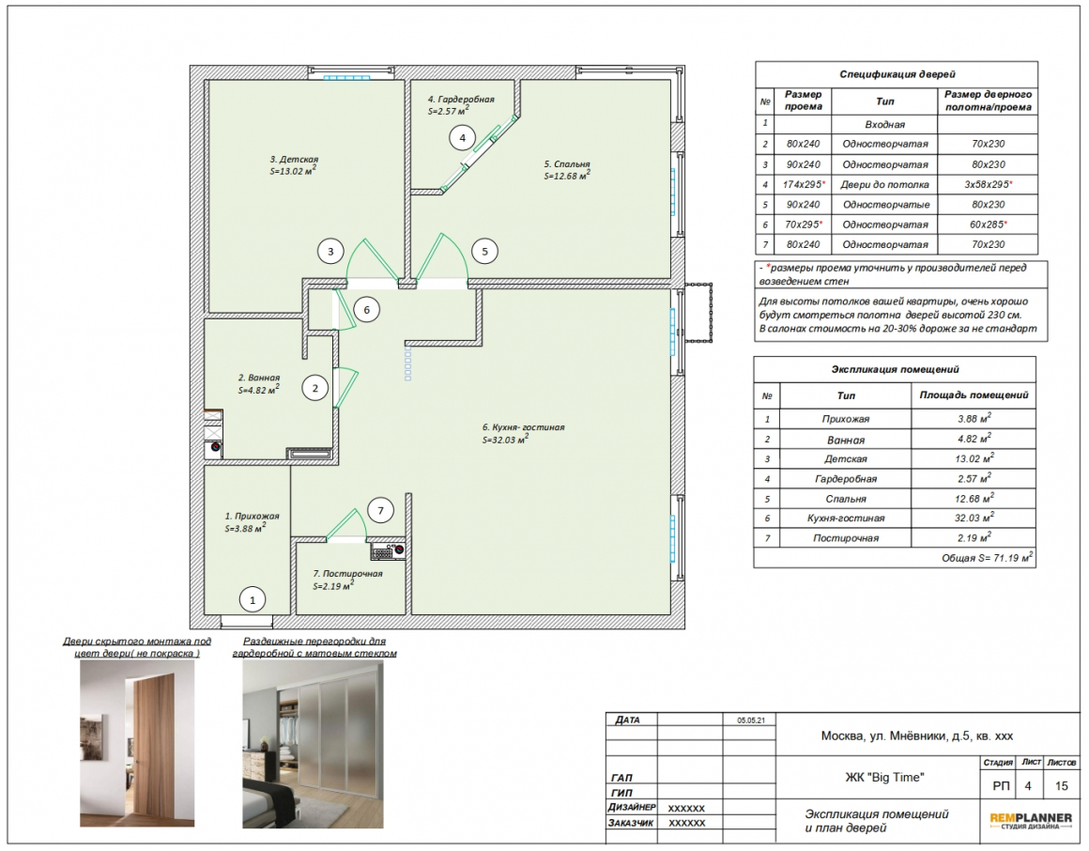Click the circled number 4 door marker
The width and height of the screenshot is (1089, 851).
click(463, 137)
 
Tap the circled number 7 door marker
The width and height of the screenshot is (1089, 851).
click(380, 511)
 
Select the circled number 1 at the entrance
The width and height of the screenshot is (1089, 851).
click(253, 600)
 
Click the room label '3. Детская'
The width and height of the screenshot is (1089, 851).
click(294, 159)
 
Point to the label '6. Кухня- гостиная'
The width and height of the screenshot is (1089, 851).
click(524, 427)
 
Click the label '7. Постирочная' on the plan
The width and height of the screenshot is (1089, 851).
click(347, 574)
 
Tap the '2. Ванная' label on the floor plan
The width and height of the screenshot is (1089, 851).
click(259, 378)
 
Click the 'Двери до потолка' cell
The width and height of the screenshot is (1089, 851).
click(884, 185)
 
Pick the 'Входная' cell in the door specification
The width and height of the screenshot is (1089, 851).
click(884, 125)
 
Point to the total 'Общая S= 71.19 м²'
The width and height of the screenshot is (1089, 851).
click(987, 558)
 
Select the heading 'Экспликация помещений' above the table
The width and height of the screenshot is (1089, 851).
click(896, 369)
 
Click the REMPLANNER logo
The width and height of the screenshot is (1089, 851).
click(1031, 821)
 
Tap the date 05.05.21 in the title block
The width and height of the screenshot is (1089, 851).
click(751, 720)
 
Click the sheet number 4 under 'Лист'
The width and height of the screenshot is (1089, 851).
click(1028, 786)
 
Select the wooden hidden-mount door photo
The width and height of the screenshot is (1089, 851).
click(137, 743)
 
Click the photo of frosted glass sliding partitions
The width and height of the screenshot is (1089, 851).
click(313, 744)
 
